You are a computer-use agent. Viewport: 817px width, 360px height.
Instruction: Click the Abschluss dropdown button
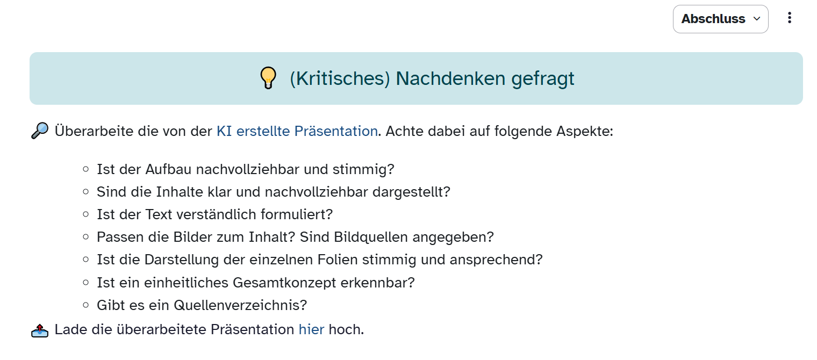coord(720,19)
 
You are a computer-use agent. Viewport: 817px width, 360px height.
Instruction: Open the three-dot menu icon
coord(789,18)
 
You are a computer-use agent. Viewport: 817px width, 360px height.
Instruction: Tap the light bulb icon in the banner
coord(268,78)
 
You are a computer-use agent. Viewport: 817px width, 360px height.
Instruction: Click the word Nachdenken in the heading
coord(451,78)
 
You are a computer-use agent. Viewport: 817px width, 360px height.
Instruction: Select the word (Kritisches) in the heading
coord(340,79)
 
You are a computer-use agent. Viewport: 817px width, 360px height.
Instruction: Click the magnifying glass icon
coord(40,131)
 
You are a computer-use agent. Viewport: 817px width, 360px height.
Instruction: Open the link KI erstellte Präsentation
coord(297,131)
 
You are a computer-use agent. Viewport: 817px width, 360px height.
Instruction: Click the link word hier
coord(311,329)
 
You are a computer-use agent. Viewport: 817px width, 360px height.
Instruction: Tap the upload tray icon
coord(40,330)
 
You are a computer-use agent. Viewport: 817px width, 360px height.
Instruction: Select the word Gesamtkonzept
coord(284,283)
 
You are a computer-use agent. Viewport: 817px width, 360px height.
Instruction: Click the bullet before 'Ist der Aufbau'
coord(85,169)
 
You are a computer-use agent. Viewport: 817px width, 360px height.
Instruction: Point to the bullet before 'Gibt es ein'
coord(85,305)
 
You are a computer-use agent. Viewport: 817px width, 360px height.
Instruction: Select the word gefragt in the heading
coord(543,79)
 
